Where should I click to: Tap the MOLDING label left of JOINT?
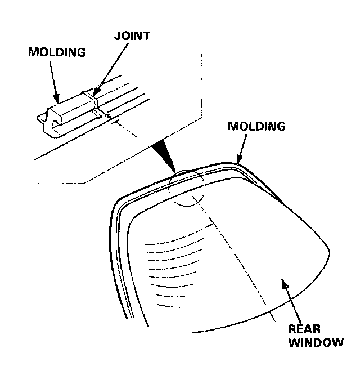57,52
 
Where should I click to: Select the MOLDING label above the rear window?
256,126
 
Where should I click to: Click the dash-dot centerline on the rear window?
236,259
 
